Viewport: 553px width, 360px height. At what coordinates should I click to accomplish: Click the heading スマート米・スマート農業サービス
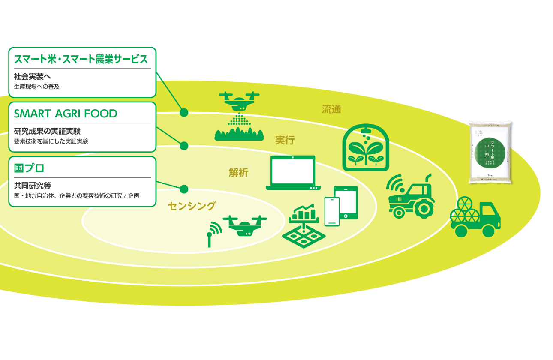coord(81,60)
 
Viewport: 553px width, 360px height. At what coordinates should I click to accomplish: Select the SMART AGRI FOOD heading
coord(65,114)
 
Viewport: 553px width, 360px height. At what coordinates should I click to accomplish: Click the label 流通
coord(331,109)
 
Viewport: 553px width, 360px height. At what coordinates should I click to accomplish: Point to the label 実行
coord(285,140)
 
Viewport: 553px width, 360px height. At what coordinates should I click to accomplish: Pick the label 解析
coord(238,172)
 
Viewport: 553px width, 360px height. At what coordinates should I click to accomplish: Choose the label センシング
coord(192,206)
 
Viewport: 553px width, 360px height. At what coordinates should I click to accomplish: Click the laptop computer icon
coord(293,173)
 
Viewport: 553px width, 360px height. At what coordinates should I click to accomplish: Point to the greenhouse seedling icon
coord(365,148)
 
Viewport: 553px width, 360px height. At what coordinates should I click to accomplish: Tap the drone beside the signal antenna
coord(245,225)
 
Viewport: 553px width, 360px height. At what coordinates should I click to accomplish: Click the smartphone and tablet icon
coord(341,205)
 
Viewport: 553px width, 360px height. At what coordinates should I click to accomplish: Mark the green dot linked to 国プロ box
coord(184,189)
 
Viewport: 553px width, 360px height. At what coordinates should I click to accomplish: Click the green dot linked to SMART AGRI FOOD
coord(184,146)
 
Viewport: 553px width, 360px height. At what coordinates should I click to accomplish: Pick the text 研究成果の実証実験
coord(47,131)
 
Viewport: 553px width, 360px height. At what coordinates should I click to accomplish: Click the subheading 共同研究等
coord(33,186)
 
